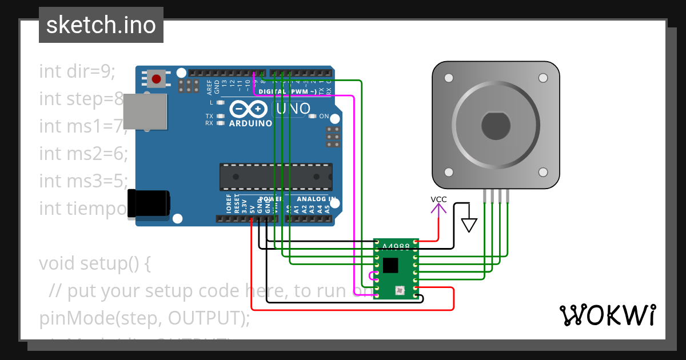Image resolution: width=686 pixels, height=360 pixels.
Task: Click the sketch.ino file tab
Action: pyautogui.click(x=101, y=25)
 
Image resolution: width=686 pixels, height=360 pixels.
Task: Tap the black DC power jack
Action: pyautogui.click(x=148, y=204)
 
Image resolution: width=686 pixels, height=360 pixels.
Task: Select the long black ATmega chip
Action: pyautogui.click(x=276, y=177)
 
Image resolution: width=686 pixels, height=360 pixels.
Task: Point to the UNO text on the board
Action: pyautogui.click(x=293, y=109)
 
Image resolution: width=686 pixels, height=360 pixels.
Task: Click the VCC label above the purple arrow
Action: pyautogui.click(x=438, y=199)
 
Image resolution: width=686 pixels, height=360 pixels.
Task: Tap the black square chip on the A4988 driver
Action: pyautogui.click(x=391, y=265)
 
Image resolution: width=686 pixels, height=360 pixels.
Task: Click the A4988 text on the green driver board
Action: pyautogui.click(x=396, y=246)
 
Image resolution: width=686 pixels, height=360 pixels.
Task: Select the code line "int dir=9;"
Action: pyautogui.click(x=77, y=71)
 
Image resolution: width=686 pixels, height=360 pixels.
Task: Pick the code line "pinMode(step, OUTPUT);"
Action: pyautogui.click(x=145, y=318)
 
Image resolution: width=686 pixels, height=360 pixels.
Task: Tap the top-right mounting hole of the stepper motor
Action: pyautogui.click(x=542, y=78)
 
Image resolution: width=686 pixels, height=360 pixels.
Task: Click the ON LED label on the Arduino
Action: pyautogui.click(x=324, y=117)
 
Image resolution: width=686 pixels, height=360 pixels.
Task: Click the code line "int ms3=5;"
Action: pyautogui.click(x=83, y=181)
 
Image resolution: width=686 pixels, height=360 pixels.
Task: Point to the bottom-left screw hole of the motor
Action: pyautogui.click(x=449, y=172)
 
